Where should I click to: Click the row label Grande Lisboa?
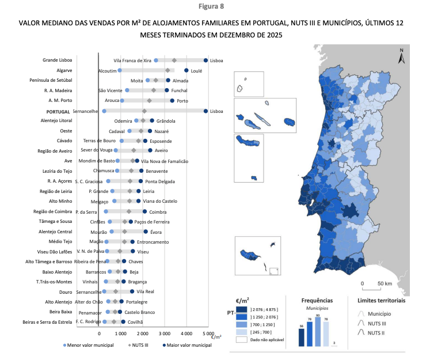point(56,60)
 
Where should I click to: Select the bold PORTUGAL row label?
point(55,111)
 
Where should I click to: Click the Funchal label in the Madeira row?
point(180,90)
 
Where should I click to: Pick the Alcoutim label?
point(107,70)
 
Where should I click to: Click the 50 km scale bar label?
point(385,284)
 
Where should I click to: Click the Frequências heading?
point(317,300)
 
